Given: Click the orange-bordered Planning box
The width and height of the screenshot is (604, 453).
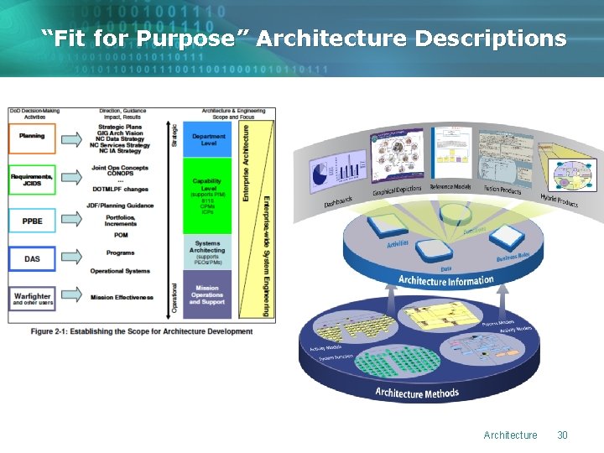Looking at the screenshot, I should pyautogui.click(x=33, y=137).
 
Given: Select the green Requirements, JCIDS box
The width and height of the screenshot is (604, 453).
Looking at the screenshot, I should pyautogui.click(x=33, y=179).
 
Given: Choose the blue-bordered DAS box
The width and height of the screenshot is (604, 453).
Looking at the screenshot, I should pyautogui.click(x=33, y=258).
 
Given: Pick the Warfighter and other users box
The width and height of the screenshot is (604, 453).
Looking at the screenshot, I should pyautogui.click(x=33, y=299).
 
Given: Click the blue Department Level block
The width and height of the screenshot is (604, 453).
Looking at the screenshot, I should pyautogui.click(x=208, y=139).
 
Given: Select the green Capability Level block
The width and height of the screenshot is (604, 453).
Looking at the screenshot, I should pyautogui.click(x=208, y=195).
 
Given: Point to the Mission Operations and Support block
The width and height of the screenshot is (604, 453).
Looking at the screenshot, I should pyautogui.click(x=208, y=294).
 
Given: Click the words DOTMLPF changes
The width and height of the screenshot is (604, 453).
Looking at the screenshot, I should pyautogui.click(x=121, y=190).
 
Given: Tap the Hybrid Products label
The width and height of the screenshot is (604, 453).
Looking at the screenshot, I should pyautogui.click(x=559, y=201).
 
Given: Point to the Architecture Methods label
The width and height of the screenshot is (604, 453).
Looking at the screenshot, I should pyautogui.click(x=417, y=393).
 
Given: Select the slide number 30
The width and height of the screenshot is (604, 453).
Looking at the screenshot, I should pyautogui.click(x=562, y=435).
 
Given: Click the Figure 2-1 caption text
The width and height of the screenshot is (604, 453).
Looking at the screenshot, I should pyautogui.click(x=142, y=331).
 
